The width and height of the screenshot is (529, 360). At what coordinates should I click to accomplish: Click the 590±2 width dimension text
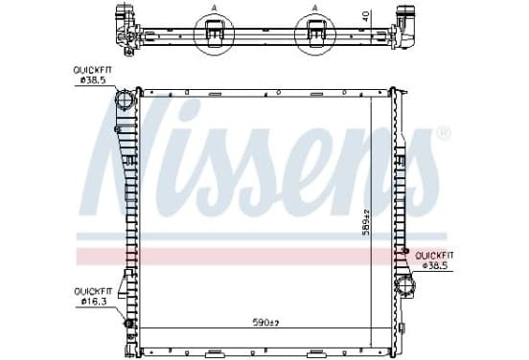[265, 323]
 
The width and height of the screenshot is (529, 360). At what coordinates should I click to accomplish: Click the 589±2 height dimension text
[366, 221]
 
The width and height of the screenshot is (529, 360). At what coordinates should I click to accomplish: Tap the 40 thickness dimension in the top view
[366, 16]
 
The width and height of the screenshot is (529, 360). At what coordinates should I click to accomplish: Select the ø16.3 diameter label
[94, 301]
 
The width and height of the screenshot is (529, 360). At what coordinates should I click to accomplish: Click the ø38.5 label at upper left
[93, 80]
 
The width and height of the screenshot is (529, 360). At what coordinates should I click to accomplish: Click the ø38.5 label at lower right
[435, 265]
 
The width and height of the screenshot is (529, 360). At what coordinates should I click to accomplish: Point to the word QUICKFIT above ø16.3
[93, 291]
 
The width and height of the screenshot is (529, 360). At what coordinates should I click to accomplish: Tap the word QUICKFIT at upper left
[92, 71]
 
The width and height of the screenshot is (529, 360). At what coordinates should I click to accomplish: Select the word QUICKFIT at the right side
[434, 256]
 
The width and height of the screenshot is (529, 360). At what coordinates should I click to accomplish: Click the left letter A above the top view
[214, 8]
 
